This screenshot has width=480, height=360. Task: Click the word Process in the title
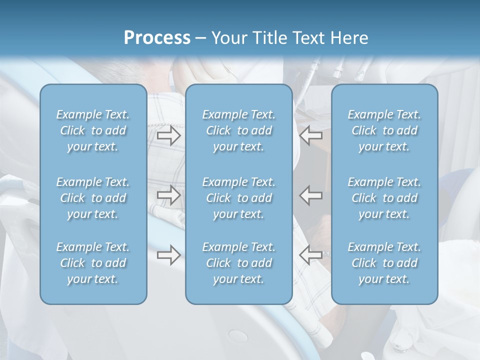(x=157, y=38)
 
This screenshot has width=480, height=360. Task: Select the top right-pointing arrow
(x=169, y=135)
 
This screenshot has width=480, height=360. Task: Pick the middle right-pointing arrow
(x=169, y=194)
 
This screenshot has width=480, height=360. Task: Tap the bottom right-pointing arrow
(x=169, y=255)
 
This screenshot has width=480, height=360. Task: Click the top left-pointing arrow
(x=311, y=135)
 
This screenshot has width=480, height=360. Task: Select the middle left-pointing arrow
(x=311, y=194)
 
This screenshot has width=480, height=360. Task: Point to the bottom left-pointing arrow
(x=311, y=255)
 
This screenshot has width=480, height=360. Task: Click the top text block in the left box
(x=93, y=130)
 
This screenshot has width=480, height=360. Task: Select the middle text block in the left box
(x=93, y=198)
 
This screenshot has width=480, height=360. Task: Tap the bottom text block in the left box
(x=93, y=263)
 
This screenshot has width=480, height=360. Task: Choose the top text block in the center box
(x=239, y=130)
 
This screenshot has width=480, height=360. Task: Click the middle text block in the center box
(x=239, y=198)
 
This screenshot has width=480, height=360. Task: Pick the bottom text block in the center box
(x=239, y=263)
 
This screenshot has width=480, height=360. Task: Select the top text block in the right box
(x=384, y=130)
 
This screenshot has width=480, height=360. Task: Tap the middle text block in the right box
(x=384, y=198)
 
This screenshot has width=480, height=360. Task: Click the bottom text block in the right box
(x=384, y=263)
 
